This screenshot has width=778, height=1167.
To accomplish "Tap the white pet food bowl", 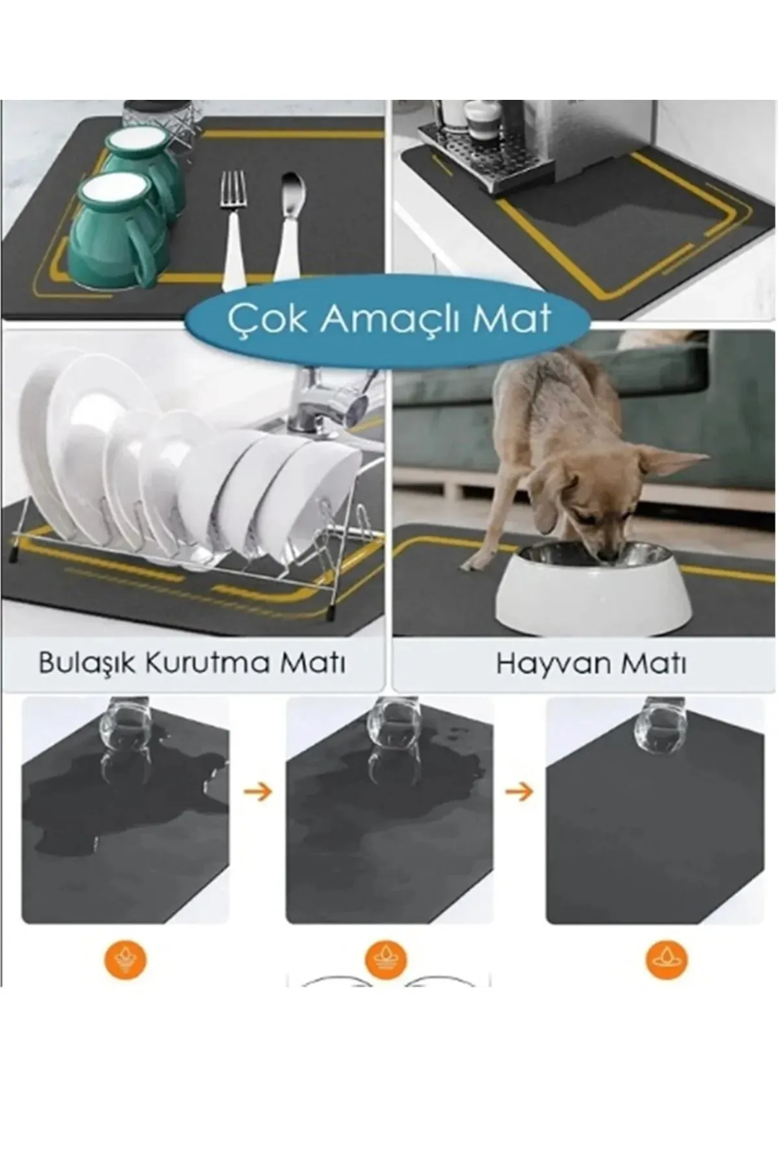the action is coord(593,590).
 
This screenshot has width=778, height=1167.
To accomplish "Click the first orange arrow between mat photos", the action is coord(258,792).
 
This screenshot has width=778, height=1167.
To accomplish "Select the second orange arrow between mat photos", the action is coord(519,792).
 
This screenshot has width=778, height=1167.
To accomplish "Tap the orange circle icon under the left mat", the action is coord(126,960).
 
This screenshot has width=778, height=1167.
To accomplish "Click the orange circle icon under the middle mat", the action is coord(386,960).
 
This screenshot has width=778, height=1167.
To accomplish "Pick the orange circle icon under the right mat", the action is coord(666,960).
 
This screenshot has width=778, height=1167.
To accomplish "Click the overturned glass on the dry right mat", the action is coord(660,726).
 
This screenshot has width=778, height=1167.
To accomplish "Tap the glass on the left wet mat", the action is coord(126,726).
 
